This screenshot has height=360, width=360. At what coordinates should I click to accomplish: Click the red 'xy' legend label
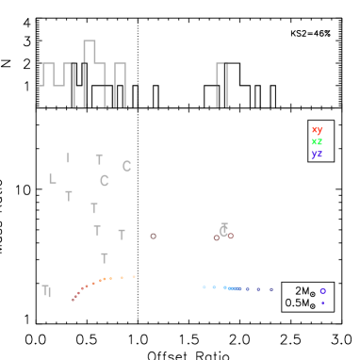point(317,130)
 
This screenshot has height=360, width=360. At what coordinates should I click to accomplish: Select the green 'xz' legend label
point(317,141)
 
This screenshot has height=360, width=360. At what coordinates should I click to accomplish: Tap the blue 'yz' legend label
point(317,153)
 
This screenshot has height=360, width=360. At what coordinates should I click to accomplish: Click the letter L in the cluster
point(53,178)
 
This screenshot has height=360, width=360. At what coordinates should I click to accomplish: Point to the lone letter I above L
point(68,158)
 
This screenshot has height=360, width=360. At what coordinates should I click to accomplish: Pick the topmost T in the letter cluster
point(99,159)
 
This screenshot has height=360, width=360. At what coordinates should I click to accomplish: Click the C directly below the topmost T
point(104,180)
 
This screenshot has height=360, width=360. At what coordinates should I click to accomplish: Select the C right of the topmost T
point(126,166)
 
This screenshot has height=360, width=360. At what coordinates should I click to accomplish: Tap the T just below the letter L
point(69,196)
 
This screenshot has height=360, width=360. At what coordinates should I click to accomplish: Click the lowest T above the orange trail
point(105,257)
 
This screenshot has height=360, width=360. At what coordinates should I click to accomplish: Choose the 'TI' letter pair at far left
point(46,290)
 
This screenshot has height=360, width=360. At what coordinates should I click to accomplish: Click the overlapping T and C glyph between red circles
point(223,230)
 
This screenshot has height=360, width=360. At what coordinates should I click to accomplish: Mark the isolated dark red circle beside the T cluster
point(153,236)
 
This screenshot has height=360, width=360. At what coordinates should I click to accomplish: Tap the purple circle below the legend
point(322,290)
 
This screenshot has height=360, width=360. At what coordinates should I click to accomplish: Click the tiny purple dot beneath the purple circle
point(322,303)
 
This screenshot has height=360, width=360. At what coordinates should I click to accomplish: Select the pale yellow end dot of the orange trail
point(134,276)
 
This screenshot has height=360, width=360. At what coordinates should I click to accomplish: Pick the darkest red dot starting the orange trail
point(74,299)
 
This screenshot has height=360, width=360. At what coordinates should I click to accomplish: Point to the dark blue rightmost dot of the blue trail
point(270,289)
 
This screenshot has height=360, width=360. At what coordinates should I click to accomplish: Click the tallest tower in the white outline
point(90,52)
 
